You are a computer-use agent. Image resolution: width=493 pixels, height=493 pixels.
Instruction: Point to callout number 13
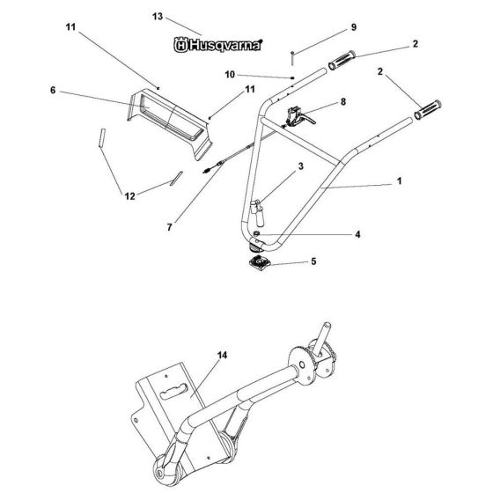point(158,17)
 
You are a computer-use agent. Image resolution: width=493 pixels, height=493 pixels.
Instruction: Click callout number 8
point(342,102)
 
